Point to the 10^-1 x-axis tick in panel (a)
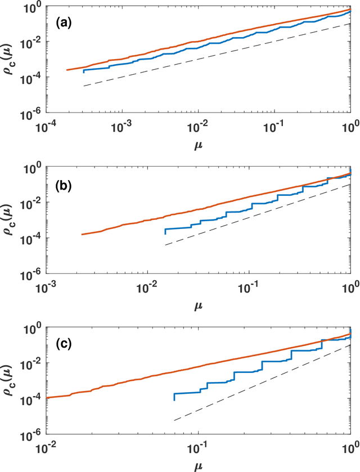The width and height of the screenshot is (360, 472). (274, 123)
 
